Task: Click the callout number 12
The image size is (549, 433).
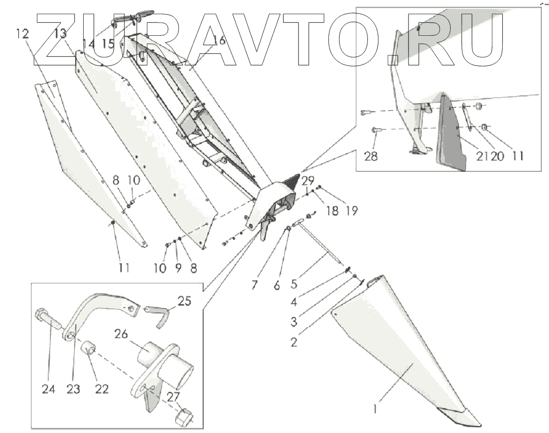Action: [x=22, y=34]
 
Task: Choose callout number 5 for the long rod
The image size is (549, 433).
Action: [x=294, y=284]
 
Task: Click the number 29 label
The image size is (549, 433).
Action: [x=307, y=181]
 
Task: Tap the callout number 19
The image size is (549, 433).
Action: [x=352, y=211]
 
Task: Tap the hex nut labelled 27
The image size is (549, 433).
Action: [x=183, y=416]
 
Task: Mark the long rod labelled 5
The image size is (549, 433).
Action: [x=321, y=242]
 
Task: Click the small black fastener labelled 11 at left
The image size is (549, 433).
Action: [x=113, y=226]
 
